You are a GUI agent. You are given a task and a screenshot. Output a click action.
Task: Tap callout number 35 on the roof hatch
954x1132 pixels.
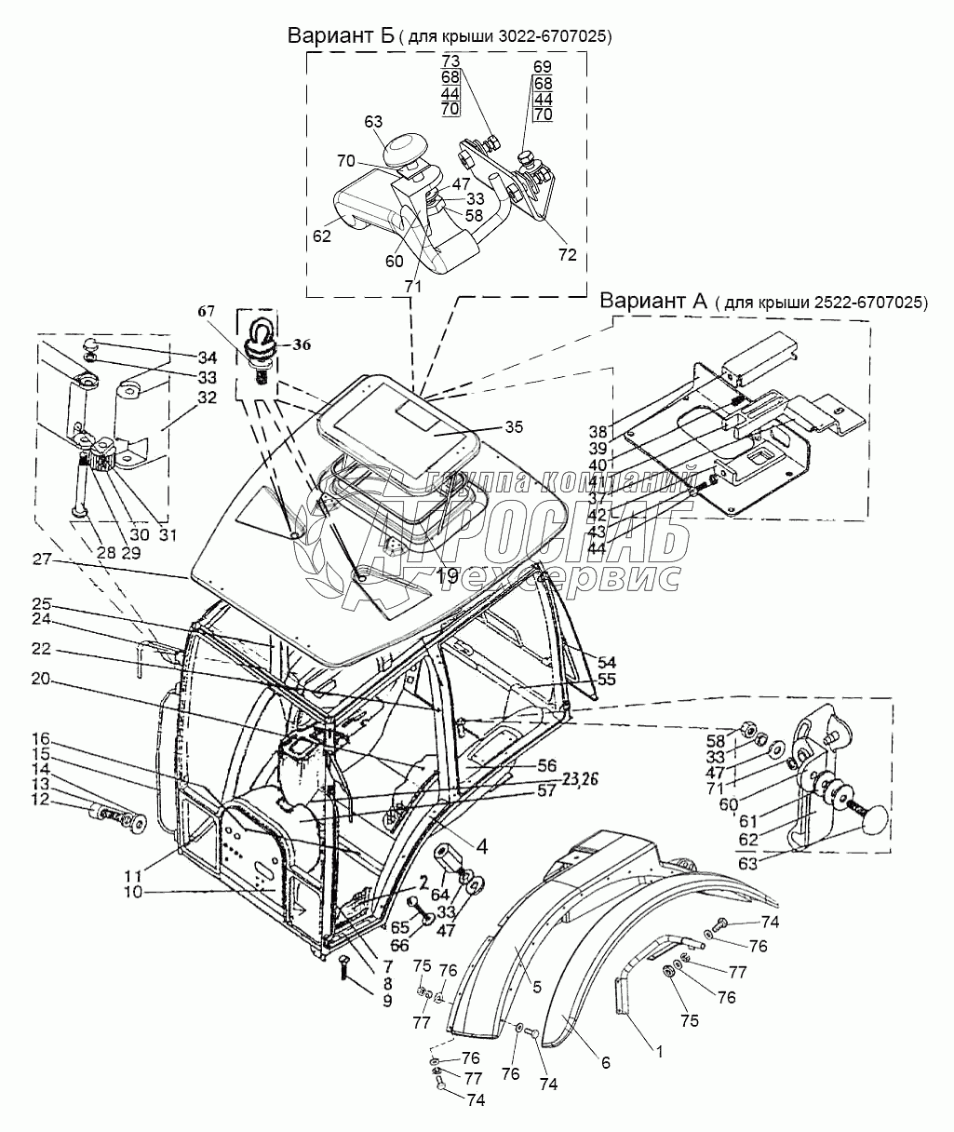click(x=513, y=427)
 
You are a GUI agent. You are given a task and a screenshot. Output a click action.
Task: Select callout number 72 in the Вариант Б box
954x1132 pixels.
click(x=567, y=254)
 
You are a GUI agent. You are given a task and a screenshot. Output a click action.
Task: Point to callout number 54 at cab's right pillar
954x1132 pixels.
click(x=606, y=661)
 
